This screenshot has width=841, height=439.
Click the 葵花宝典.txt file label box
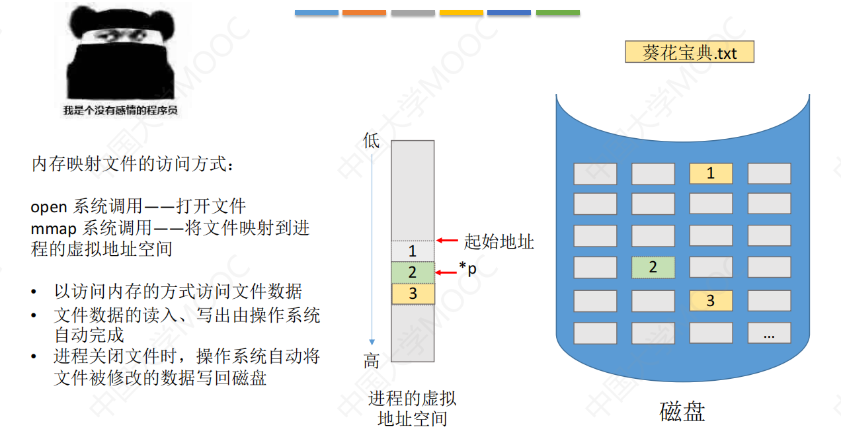[690, 52]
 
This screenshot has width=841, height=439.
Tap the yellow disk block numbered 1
[711, 173]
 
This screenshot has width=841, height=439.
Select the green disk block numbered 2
[653, 267]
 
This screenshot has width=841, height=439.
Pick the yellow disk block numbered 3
[711, 300]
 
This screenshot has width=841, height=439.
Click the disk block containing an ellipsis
[770, 333]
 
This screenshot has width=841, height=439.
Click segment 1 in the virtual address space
[413, 251]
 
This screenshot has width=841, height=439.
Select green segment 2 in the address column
[413, 272]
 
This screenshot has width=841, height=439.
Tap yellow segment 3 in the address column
[413, 294]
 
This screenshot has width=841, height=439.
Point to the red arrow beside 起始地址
[447, 241]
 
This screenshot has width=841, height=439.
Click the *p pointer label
[468, 268]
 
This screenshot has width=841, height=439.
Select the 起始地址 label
[499, 241]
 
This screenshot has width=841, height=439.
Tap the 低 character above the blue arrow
[372, 141]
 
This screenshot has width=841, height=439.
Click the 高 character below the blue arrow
[372, 361]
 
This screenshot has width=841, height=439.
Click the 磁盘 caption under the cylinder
[682, 412]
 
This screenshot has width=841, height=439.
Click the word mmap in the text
[54, 229]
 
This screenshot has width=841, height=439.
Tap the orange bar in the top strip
[364, 13]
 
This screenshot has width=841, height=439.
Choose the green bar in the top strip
[558, 13]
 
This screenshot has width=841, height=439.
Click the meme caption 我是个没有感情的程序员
[120, 110]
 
